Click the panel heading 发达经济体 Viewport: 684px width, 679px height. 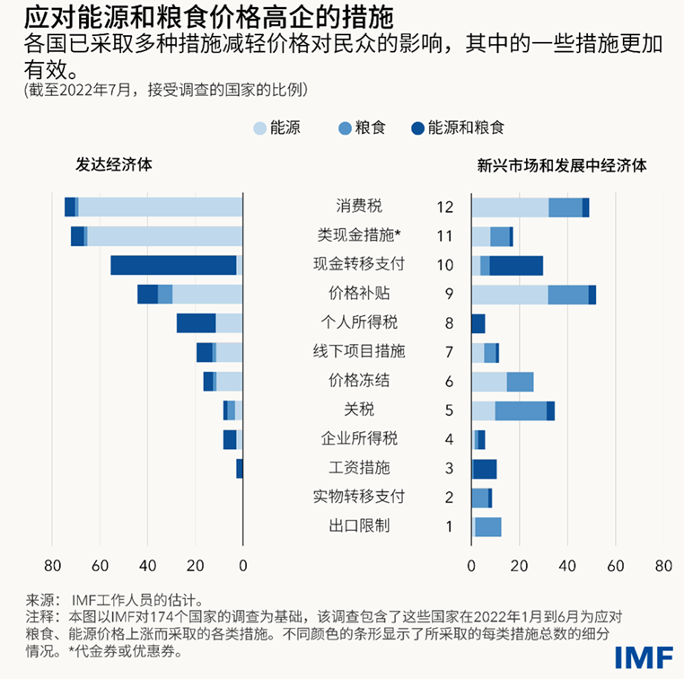click(114, 165)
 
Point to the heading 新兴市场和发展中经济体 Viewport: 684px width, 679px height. click(563, 165)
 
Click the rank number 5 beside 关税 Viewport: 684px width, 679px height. click(449, 410)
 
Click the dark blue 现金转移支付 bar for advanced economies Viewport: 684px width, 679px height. click(173, 265)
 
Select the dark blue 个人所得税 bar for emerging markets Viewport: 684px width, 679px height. click(478, 323)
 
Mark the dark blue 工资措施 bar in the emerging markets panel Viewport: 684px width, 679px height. click(484, 469)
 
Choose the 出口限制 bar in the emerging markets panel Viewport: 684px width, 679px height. click(487, 527)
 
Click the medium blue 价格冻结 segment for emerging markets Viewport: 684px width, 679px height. click(520, 382)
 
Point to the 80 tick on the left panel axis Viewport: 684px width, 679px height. click(52, 566)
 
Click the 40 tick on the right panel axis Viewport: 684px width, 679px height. click(567, 566)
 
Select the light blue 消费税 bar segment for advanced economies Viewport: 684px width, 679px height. click(161, 207)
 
